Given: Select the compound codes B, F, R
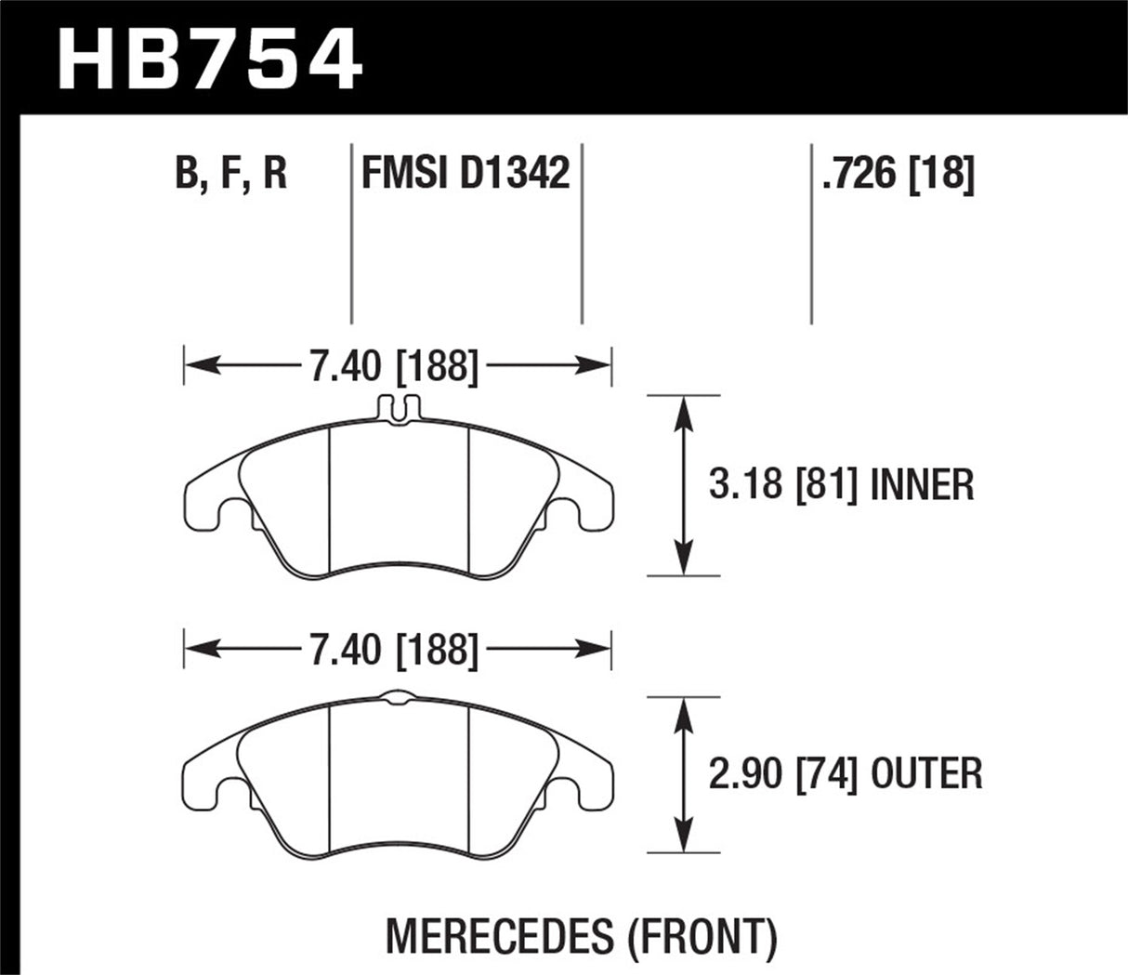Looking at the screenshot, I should pyautogui.click(x=231, y=174).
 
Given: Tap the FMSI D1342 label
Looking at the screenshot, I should pyautogui.click(x=465, y=174).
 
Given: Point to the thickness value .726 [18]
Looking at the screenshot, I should pyautogui.click(x=898, y=174).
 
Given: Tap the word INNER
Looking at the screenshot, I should pyautogui.click(x=922, y=484).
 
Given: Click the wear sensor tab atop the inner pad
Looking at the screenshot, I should pyautogui.click(x=398, y=410).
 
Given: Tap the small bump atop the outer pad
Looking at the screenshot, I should pyautogui.click(x=398, y=695).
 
